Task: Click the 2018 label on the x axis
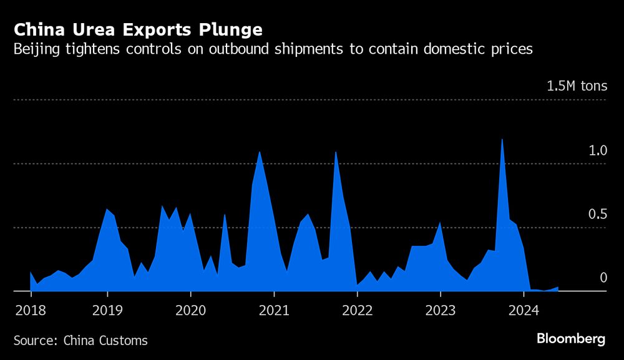29,309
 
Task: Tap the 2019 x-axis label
107,309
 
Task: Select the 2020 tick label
190,309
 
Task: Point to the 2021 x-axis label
274,309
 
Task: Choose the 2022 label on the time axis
358,309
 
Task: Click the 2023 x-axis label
441,309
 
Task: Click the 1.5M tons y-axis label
577,86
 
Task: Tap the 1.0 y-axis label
597,150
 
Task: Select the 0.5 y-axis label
597,214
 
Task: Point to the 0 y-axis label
603,278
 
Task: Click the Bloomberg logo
571,339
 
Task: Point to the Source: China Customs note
80,341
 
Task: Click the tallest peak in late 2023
502,139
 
